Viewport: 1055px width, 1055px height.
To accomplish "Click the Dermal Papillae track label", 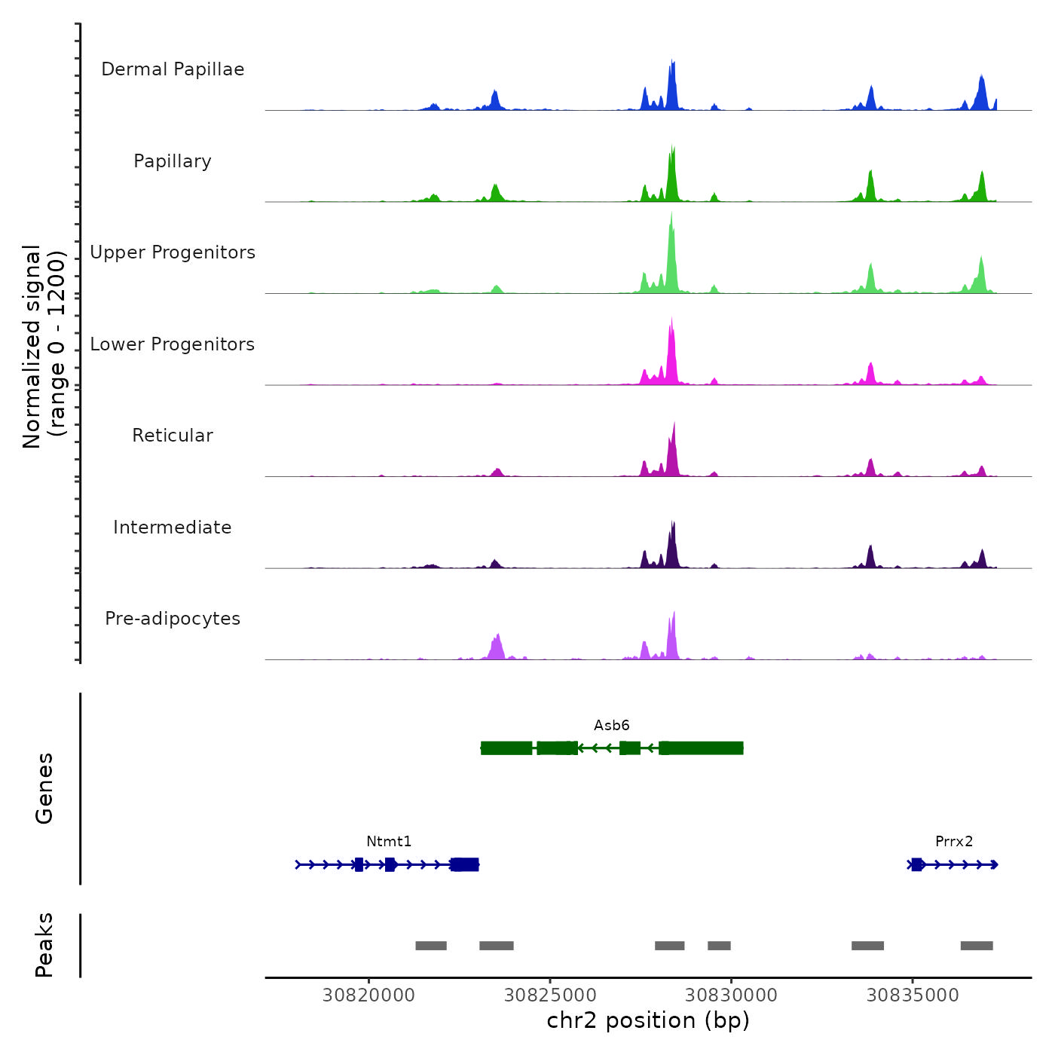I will pos(173,69).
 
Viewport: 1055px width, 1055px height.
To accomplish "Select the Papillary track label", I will pos(173,161).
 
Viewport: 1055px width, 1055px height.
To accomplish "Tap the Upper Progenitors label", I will pos(173,252).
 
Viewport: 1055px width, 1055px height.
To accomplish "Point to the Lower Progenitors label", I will pos(173,344).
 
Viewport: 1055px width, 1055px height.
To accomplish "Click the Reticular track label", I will pos(173,436).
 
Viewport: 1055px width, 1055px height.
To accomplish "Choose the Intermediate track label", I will pos(173,527).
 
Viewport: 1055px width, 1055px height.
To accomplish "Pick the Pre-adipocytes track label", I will pos(173,619).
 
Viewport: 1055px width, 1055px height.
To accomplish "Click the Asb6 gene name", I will pos(611,725).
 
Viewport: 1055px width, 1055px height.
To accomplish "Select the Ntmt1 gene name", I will pos(389,841).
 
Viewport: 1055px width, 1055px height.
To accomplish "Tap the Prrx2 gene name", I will pos(954,841).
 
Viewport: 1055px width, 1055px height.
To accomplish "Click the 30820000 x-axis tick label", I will pos(368,995).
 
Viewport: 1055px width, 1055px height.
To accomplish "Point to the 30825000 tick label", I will pos(550,995).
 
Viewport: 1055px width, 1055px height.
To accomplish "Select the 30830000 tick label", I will pos(731,995).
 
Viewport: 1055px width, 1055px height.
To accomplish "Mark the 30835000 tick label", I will pos(913,995).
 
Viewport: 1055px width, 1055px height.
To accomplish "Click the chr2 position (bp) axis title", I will pos(648,1020).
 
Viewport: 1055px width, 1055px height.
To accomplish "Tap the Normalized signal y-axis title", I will pos(44,347).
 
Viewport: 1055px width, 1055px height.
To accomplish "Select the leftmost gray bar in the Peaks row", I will pos(431,946).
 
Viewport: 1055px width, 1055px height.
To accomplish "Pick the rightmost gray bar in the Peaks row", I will pos(977,946).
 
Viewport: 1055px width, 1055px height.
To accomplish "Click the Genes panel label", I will pos(44,788).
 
